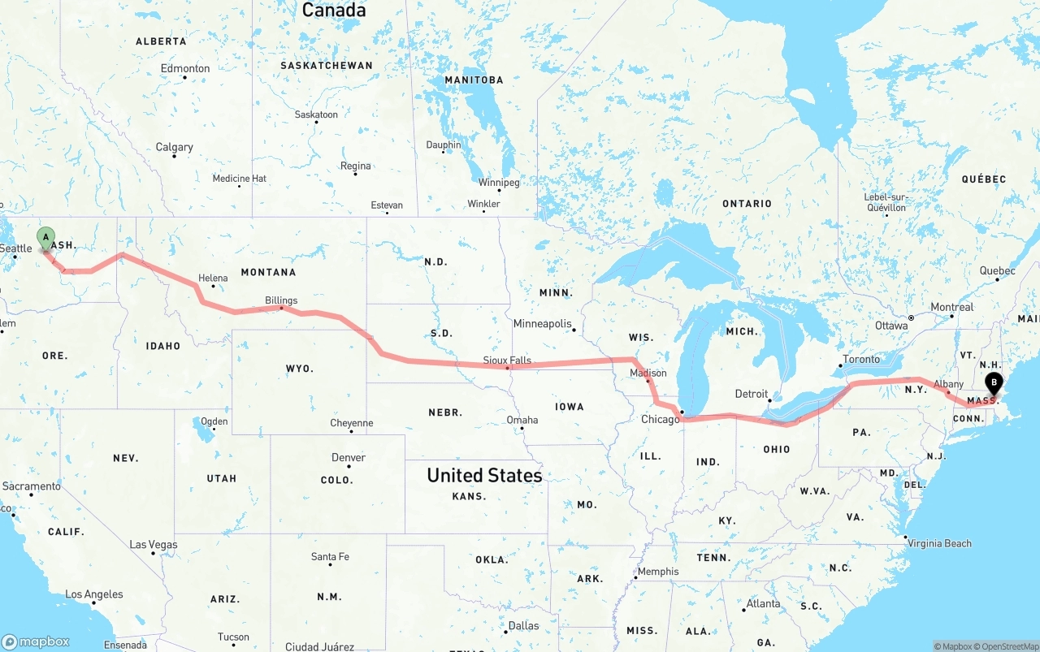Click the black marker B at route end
point(993,383)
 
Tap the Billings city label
point(281,300)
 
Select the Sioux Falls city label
point(507,360)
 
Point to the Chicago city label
point(660,419)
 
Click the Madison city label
point(648,373)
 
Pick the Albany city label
point(948,384)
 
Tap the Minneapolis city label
point(543,323)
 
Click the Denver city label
point(349,458)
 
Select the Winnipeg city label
point(498,183)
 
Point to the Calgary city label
point(175,147)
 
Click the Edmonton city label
point(185,69)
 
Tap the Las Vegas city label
point(154,545)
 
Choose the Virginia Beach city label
point(939,543)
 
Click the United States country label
point(484,475)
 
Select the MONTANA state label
point(268,272)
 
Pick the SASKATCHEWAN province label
point(327,65)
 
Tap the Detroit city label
point(752,394)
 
